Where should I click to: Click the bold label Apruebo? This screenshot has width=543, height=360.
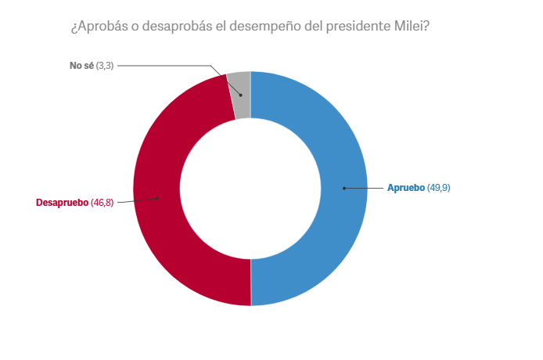coord(406,188)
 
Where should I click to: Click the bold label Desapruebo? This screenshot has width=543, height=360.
coord(63,203)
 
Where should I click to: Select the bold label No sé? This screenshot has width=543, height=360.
coord(81,65)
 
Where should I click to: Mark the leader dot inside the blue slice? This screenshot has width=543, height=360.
coord(343,188)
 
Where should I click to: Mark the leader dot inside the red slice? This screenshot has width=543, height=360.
coord(159,198)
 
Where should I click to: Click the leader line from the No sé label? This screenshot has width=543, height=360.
coord(164,65)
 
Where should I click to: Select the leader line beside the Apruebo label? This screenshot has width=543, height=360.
coord(364,188)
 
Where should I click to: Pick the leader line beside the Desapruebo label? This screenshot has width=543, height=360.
coord(137,201)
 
